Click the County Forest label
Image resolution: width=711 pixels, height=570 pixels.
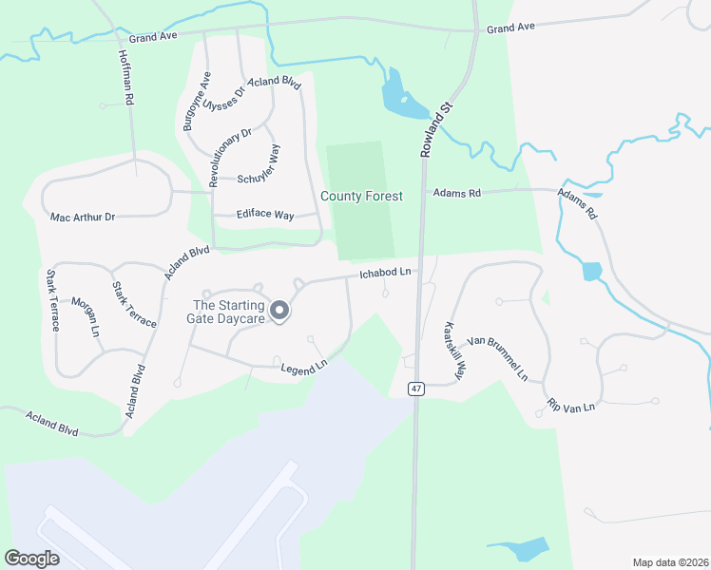361,197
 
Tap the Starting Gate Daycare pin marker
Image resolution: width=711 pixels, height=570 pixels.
279,312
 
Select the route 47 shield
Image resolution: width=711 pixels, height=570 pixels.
416,389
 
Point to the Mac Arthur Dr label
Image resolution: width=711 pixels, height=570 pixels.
83,218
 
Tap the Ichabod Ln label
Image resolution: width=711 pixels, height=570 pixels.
384,274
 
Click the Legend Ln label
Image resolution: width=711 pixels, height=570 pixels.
303,365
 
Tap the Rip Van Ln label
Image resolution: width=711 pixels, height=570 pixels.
570,406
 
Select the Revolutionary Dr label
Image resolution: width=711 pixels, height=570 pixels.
229,156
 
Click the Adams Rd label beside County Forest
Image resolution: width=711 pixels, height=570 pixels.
457,193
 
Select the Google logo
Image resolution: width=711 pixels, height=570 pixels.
31,559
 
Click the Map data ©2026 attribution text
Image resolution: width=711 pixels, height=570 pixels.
671,562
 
